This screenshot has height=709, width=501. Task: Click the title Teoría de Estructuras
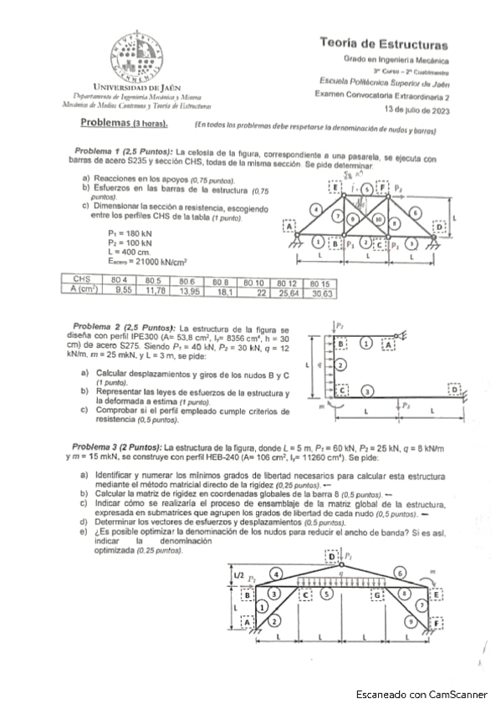click(383, 44)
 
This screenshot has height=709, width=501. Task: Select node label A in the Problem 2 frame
click(389, 343)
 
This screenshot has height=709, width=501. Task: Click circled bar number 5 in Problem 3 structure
click(327, 594)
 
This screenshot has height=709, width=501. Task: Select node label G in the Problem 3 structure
click(378, 594)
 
